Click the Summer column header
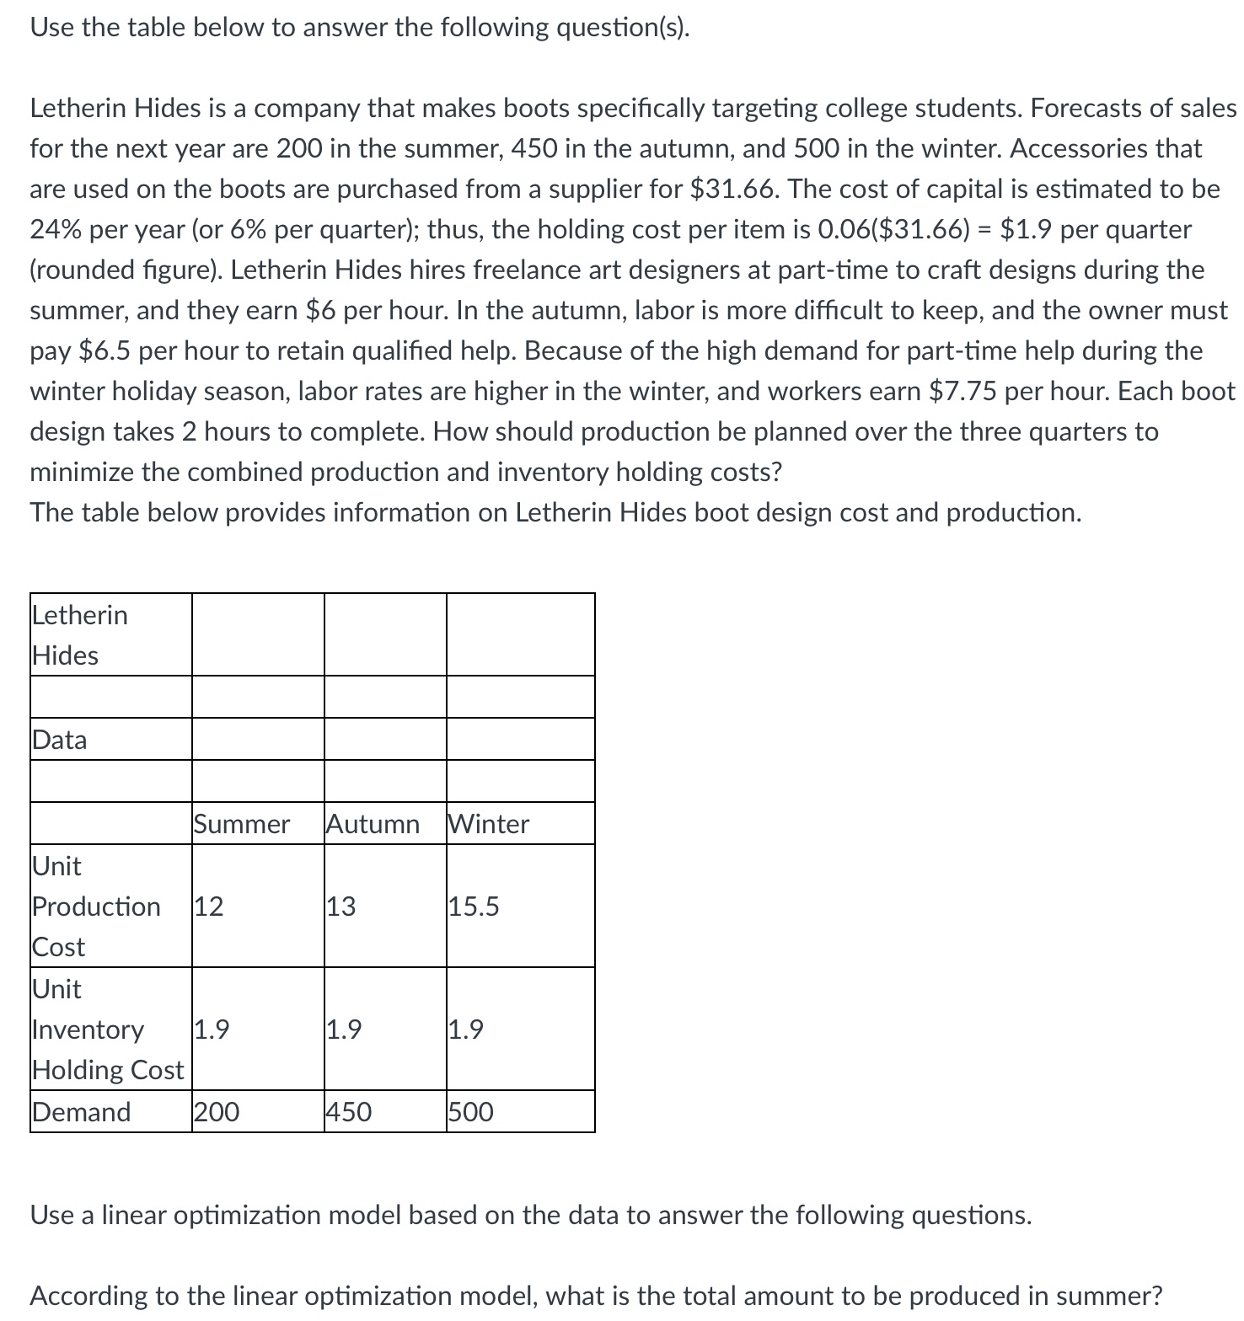pos(241,824)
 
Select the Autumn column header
pos(373,824)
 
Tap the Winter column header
pos(489,824)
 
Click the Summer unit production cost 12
pos(209,907)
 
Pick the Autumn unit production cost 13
pos(341,907)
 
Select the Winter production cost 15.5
pos(474,907)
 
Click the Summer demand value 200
pos(217,1112)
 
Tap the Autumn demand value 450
pos(349,1112)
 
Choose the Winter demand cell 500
pos(471,1112)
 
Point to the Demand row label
pos(82,1112)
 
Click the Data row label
pos(60,740)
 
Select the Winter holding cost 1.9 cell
pos(466,1030)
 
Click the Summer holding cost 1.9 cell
pos(212,1030)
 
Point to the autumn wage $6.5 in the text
pos(105,350)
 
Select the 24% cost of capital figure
pos(56,229)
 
